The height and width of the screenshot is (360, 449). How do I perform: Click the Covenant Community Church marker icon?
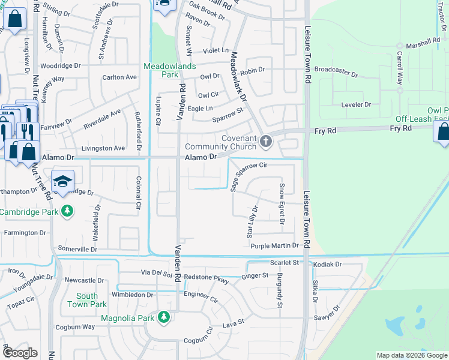266,142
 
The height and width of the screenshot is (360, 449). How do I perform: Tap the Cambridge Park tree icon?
68,211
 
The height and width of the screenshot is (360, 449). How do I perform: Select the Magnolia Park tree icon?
163,317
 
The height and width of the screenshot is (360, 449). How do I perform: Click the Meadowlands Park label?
161,70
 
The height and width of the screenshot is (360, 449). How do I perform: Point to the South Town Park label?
87,300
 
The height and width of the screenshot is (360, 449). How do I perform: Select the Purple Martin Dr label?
274,246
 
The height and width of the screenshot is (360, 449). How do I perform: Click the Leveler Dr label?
356,104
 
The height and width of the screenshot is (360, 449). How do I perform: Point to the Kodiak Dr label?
327,264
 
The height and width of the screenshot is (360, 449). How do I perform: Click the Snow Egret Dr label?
282,203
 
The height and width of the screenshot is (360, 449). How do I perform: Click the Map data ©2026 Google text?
411,355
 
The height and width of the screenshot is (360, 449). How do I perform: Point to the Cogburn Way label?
75,327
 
